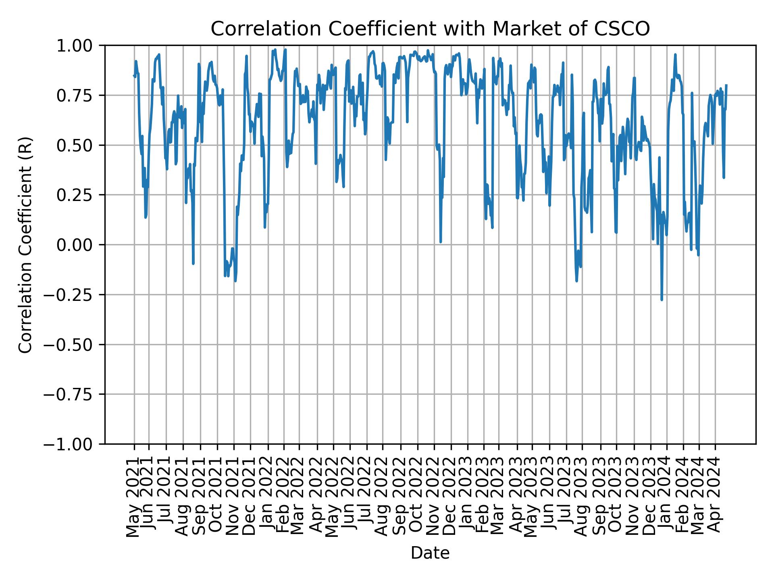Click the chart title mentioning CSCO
pos(430,29)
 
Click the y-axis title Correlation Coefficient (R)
pos(25,245)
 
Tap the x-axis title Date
pos(430,553)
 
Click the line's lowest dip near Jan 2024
pos(662,300)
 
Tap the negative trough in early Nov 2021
pos(235,281)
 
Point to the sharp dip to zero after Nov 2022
pos(441,242)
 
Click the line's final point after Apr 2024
pos(726,85)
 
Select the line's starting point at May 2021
pos(133,75)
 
